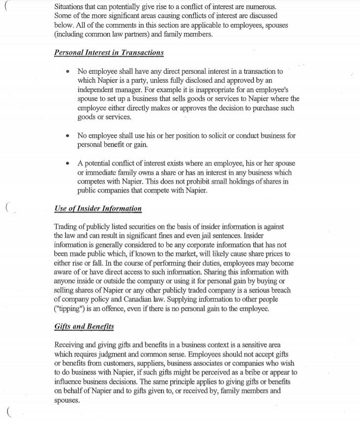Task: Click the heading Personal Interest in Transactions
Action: pyautogui.click(x=109, y=53)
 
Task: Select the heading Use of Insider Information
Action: pyautogui.click(x=98, y=209)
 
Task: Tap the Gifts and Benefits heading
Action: pyautogui.click(x=85, y=326)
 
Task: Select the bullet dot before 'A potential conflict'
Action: pyautogui.click(x=68, y=163)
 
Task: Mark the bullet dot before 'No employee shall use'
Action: pyautogui.click(x=68, y=136)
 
